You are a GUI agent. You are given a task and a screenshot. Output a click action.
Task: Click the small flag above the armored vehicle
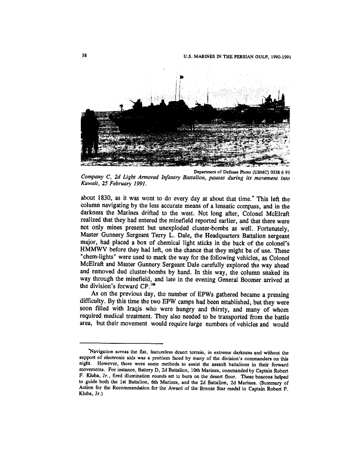(x=181, y=77)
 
